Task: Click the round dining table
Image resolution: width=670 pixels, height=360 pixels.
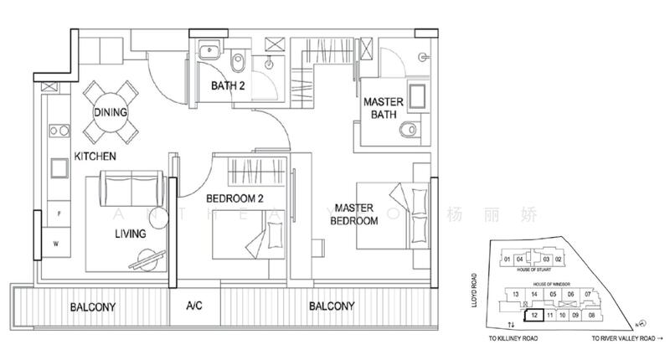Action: click(110, 113)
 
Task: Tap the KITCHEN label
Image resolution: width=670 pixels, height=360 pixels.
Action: click(94, 157)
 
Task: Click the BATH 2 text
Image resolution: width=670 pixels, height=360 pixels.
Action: click(229, 85)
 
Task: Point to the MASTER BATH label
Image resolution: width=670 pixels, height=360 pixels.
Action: click(384, 110)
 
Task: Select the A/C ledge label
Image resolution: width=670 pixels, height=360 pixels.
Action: click(194, 306)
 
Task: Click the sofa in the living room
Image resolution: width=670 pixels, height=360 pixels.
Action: click(132, 188)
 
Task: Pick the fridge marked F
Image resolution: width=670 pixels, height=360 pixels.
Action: click(58, 213)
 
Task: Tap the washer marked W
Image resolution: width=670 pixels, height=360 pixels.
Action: click(58, 244)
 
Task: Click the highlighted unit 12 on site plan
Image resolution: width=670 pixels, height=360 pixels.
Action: click(533, 316)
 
